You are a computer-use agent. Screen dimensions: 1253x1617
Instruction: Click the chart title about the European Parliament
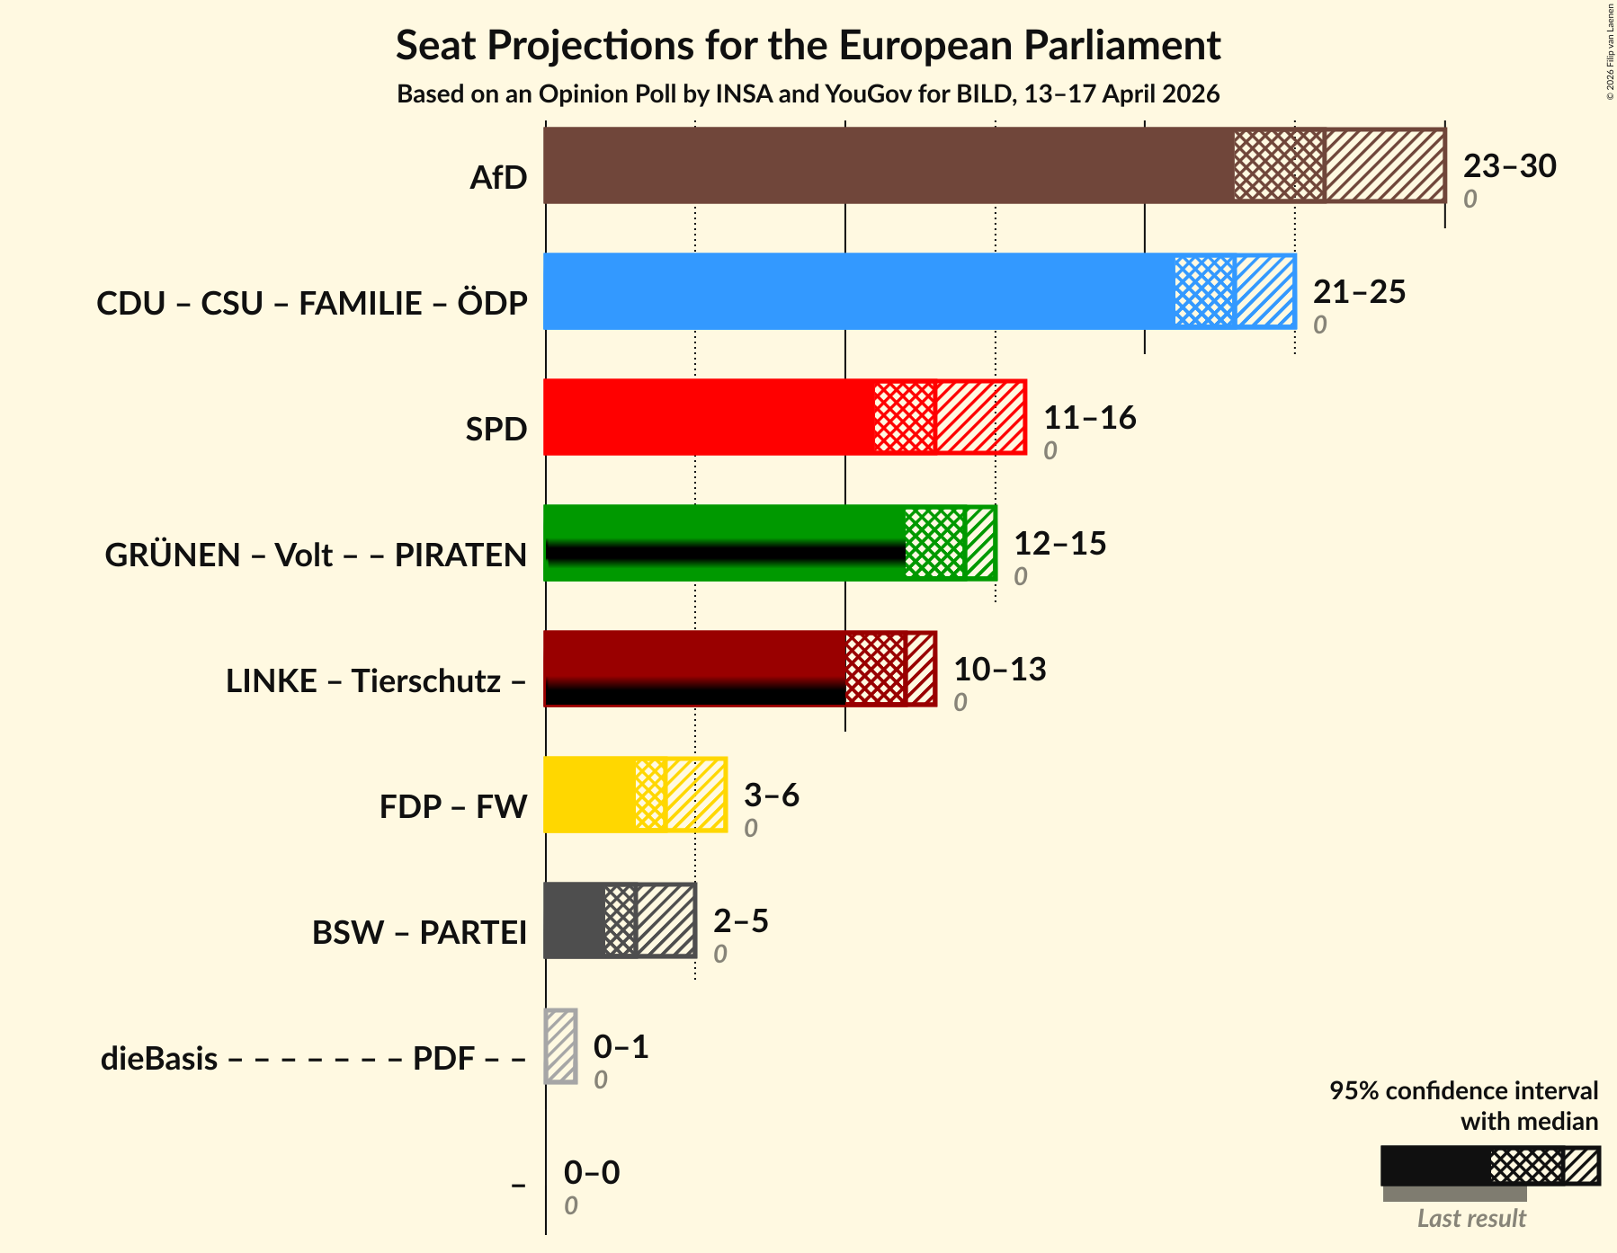point(808,45)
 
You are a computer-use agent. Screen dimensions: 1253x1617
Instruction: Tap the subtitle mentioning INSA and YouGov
point(808,94)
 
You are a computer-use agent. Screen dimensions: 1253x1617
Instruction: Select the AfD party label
point(498,178)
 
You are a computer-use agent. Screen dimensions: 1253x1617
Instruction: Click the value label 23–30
point(1509,166)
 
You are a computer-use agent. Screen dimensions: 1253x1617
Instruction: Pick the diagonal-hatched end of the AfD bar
point(1384,165)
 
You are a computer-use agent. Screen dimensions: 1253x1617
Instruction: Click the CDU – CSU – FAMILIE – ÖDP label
point(312,304)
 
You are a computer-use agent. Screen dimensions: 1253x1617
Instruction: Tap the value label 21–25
point(1359,292)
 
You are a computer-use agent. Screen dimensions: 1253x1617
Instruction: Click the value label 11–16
point(1089,418)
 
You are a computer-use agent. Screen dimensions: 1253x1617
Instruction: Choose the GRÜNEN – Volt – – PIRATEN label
point(316,555)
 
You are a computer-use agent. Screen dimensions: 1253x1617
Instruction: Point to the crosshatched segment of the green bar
point(934,543)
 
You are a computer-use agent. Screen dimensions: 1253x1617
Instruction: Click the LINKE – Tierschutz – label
point(376,681)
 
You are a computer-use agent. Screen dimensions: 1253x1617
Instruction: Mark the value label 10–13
point(999,670)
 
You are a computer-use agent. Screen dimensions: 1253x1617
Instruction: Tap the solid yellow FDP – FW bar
point(589,795)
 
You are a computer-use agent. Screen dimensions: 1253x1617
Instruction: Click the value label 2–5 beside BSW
point(740,921)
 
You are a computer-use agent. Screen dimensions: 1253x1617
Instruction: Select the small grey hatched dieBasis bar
point(560,1046)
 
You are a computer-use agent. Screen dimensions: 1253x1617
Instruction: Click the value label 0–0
point(591,1173)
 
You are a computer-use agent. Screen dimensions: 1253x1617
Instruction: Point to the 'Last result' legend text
point(1471,1219)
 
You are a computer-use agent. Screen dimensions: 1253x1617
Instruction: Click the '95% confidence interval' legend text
point(1463,1091)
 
